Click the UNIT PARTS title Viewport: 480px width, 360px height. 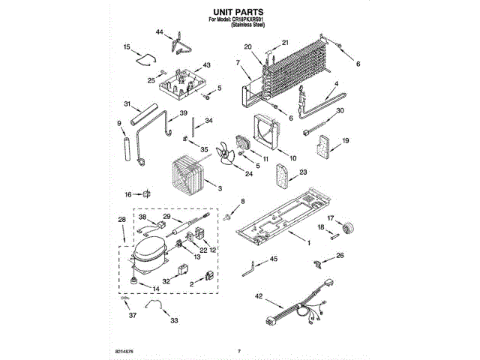(239, 12)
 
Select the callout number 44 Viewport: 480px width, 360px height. (159, 32)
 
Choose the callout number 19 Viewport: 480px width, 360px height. (346, 140)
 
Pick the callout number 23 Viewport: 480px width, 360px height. (303, 172)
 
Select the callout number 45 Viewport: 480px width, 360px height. (274, 259)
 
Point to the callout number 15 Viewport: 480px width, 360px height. (126, 46)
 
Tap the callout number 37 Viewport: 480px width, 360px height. (132, 316)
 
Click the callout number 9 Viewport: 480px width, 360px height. (119, 123)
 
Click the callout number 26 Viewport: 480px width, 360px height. (340, 256)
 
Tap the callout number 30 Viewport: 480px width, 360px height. (340, 111)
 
